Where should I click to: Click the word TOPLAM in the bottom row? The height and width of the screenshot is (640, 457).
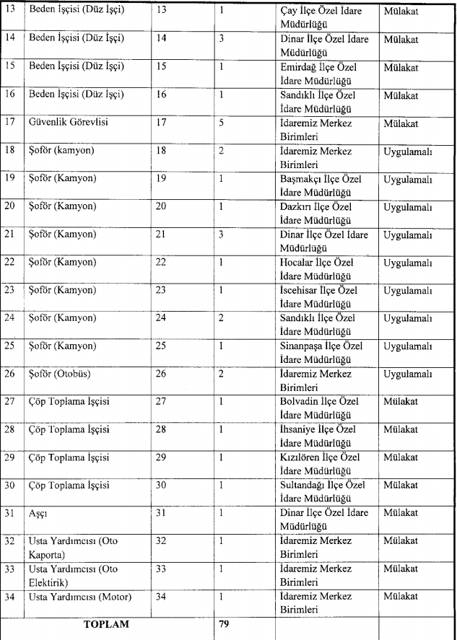click(x=107, y=624)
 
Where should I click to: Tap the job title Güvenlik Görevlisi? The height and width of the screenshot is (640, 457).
click(x=67, y=123)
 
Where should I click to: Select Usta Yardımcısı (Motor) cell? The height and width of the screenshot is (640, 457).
click(x=79, y=597)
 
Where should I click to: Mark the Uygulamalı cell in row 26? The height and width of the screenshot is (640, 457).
click(x=408, y=374)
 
